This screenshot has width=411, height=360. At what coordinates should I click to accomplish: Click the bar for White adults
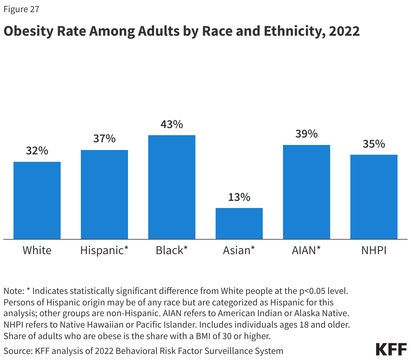coord(37,201)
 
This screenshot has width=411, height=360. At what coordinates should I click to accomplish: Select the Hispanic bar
coord(104,194)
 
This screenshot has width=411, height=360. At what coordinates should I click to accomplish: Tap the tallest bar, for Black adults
coord(172,187)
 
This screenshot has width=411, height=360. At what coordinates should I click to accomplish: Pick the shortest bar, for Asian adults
coord(239,223)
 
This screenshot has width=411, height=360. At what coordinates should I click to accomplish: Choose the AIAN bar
coord(307,192)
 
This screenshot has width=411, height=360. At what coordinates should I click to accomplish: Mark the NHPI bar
coord(374,197)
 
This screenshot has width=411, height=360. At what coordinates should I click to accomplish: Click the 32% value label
coord(37,151)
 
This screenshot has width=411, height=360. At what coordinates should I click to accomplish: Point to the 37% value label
coord(104,139)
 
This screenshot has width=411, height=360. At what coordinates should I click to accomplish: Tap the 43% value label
coord(172,124)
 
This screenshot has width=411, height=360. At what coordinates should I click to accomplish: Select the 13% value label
coord(239,197)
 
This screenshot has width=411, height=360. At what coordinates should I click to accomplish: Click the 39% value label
coord(307,134)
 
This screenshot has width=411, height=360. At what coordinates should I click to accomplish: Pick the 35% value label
coord(374,144)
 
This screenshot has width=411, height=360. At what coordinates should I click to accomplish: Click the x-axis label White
coord(37,250)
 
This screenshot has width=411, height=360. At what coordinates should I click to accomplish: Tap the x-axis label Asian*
coord(239,250)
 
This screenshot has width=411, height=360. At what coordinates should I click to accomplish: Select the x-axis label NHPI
coord(374,250)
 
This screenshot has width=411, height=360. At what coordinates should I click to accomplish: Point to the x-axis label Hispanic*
coord(104,250)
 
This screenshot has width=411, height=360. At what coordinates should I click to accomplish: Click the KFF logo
coord(391,350)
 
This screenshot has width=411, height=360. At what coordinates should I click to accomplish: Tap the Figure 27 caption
coord(22,9)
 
